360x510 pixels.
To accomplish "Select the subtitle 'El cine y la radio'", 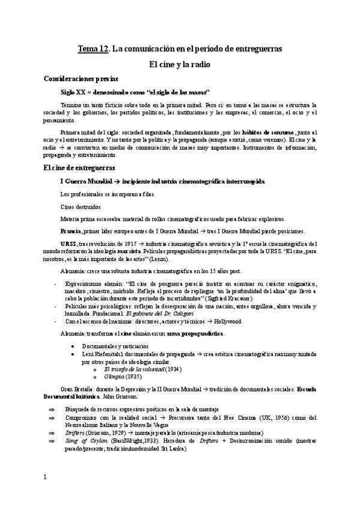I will coord(180,63).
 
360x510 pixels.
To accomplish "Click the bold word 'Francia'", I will coord(71,232).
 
